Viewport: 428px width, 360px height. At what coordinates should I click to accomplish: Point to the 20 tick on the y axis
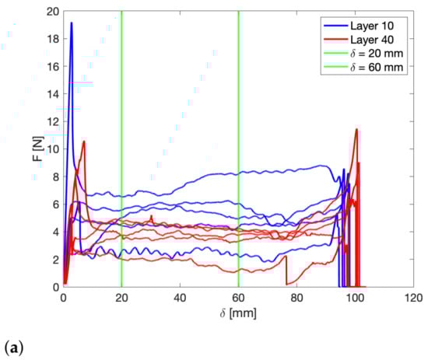tap(51, 12)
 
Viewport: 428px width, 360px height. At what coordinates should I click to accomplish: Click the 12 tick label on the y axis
tap(51, 121)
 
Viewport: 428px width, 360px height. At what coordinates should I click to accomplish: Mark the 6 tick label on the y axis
tap(54, 204)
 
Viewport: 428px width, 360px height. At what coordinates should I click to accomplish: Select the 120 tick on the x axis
tap(413, 297)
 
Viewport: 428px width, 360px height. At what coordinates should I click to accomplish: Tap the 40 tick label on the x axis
tap(180, 297)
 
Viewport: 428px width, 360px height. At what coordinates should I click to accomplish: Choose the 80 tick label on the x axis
tap(296, 297)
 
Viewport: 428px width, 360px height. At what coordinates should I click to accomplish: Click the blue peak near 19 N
tap(72, 23)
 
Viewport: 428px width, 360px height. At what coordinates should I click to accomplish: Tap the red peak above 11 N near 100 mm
tap(356, 129)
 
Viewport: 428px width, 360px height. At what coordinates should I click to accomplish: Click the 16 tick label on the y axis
tap(51, 67)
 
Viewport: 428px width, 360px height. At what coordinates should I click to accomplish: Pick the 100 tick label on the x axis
tap(355, 297)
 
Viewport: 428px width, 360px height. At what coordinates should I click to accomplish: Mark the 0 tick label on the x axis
tap(63, 297)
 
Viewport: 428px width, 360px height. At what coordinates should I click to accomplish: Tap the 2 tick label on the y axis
tap(54, 259)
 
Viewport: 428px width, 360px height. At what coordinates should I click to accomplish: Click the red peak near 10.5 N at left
tap(84, 142)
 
